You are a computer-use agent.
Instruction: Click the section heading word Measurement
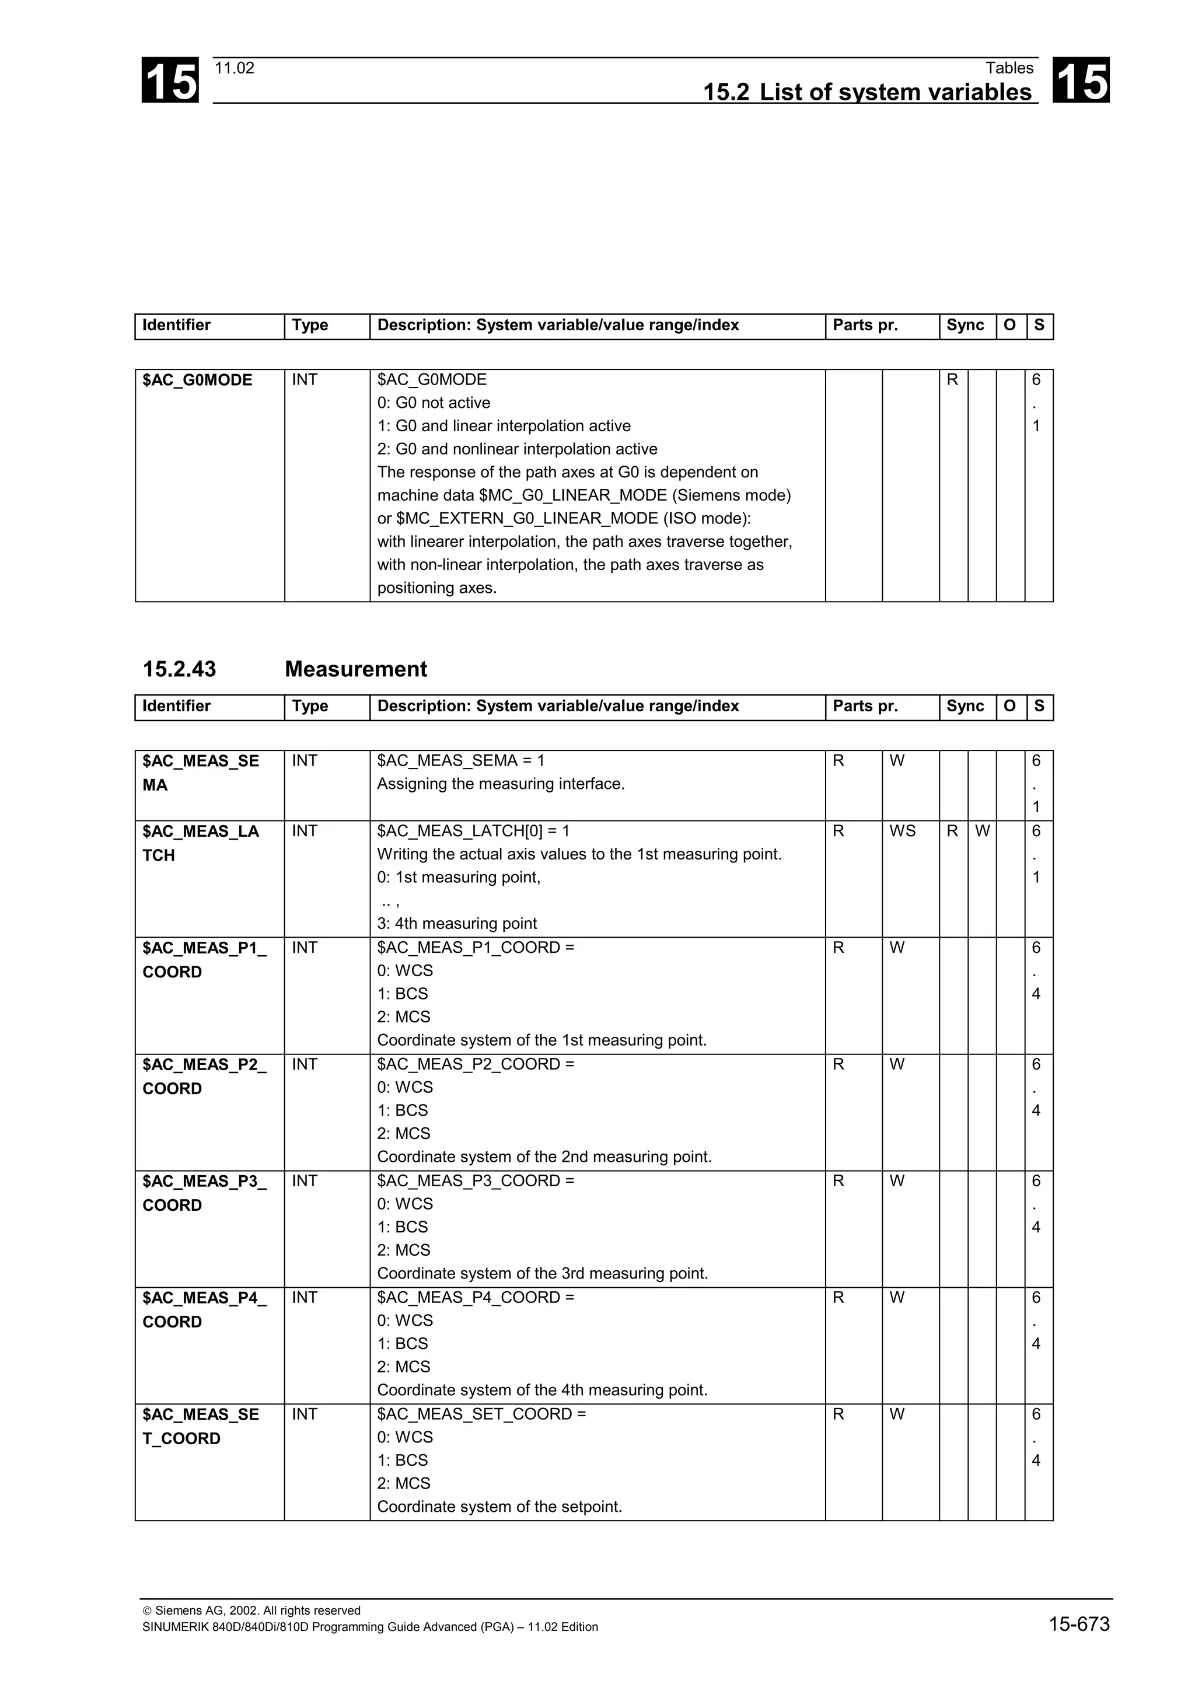point(355,669)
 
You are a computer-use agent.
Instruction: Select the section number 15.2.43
point(179,669)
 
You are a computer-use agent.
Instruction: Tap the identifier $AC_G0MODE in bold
point(197,380)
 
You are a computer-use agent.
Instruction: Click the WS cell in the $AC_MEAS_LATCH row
point(902,831)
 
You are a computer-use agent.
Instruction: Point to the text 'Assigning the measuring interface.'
point(501,784)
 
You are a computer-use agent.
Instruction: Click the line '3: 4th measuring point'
point(456,924)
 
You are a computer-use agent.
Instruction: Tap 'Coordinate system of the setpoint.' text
point(499,1506)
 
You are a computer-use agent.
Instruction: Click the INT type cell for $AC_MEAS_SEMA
point(304,761)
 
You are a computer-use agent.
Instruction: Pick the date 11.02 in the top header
point(234,68)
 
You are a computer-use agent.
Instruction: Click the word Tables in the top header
point(1009,68)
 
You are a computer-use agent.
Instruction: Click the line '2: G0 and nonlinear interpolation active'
point(517,449)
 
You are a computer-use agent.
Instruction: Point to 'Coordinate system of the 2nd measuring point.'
point(544,1157)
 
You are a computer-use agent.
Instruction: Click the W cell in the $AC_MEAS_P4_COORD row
point(896,1298)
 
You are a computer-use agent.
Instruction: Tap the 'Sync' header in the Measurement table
point(965,706)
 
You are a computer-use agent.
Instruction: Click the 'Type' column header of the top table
point(310,326)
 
